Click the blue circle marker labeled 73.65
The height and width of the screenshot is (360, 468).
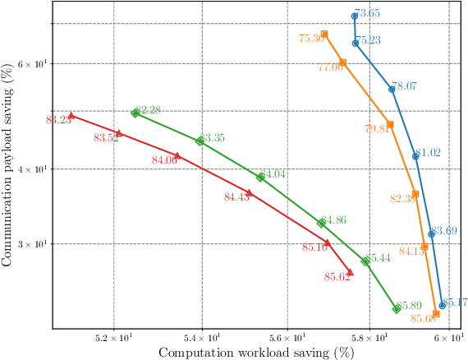pyautogui.click(x=354, y=16)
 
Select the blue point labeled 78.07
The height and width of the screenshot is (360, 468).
pyautogui.click(x=392, y=89)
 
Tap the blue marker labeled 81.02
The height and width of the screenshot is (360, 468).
pyautogui.click(x=415, y=155)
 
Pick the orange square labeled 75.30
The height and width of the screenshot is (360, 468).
pyautogui.click(x=324, y=34)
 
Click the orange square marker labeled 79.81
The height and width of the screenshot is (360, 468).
pyautogui.click(x=390, y=125)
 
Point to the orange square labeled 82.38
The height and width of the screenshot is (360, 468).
pyautogui.click(x=415, y=194)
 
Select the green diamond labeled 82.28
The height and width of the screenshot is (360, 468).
pyautogui.click(x=135, y=113)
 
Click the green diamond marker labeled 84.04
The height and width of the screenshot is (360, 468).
pyautogui.click(x=260, y=177)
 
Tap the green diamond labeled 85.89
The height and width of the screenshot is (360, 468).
pyautogui.click(x=397, y=308)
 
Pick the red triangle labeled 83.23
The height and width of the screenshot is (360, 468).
pyautogui.click(x=71, y=116)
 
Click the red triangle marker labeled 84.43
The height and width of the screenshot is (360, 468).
pyautogui.click(x=249, y=192)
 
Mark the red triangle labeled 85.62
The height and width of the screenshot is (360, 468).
pyautogui.click(x=350, y=272)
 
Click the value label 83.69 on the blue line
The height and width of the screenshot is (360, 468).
pyautogui.click(x=444, y=231)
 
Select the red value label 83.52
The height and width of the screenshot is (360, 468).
pyautogui.click(x=106, y=138)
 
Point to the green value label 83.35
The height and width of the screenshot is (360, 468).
pyautogui.click(x=212, y=137)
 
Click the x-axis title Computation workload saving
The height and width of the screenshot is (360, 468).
pyautogui.click(x=255, y=353)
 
